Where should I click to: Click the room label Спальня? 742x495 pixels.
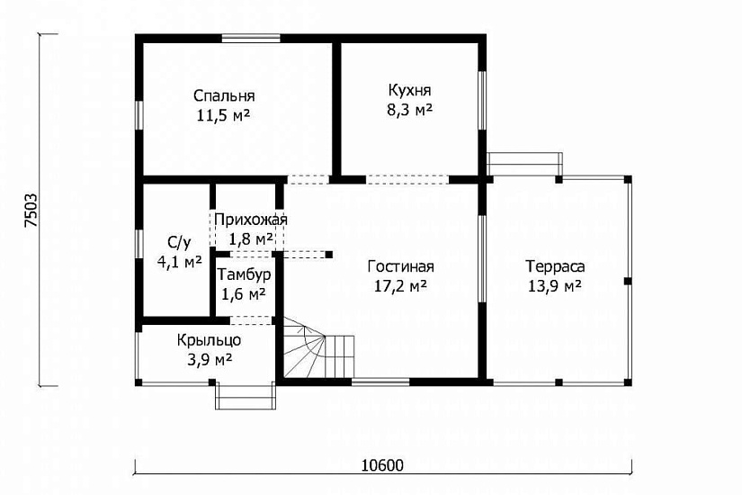coord(224,96)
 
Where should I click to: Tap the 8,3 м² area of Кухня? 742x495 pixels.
coord(410,110)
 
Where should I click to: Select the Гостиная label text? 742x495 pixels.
coord(401,266)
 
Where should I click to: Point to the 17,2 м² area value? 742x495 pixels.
coord(401,286)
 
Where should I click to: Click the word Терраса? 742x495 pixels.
coord(555,266)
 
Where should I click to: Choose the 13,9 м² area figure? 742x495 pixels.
coord(555,286)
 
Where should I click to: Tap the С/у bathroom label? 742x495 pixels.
coord(179,243)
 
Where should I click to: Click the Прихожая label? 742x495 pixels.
coord(251,220)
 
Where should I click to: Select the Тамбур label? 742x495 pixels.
coord(244,274)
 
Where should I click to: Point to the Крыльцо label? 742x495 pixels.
coord(210,340)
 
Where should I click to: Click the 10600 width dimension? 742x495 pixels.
coord(383,465)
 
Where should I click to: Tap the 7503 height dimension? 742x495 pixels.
coord(31,211)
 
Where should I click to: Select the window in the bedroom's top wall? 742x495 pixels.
coord(251,39)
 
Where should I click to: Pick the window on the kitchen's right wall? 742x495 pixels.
coord(482,100)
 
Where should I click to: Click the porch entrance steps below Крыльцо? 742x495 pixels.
coord(246,395)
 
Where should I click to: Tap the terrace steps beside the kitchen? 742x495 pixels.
coord(524,164)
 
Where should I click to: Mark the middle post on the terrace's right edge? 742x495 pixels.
coord(628,281)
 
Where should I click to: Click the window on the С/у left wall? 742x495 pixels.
coord(139,244)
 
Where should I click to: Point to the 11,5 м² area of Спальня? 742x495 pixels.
coord(224,115)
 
